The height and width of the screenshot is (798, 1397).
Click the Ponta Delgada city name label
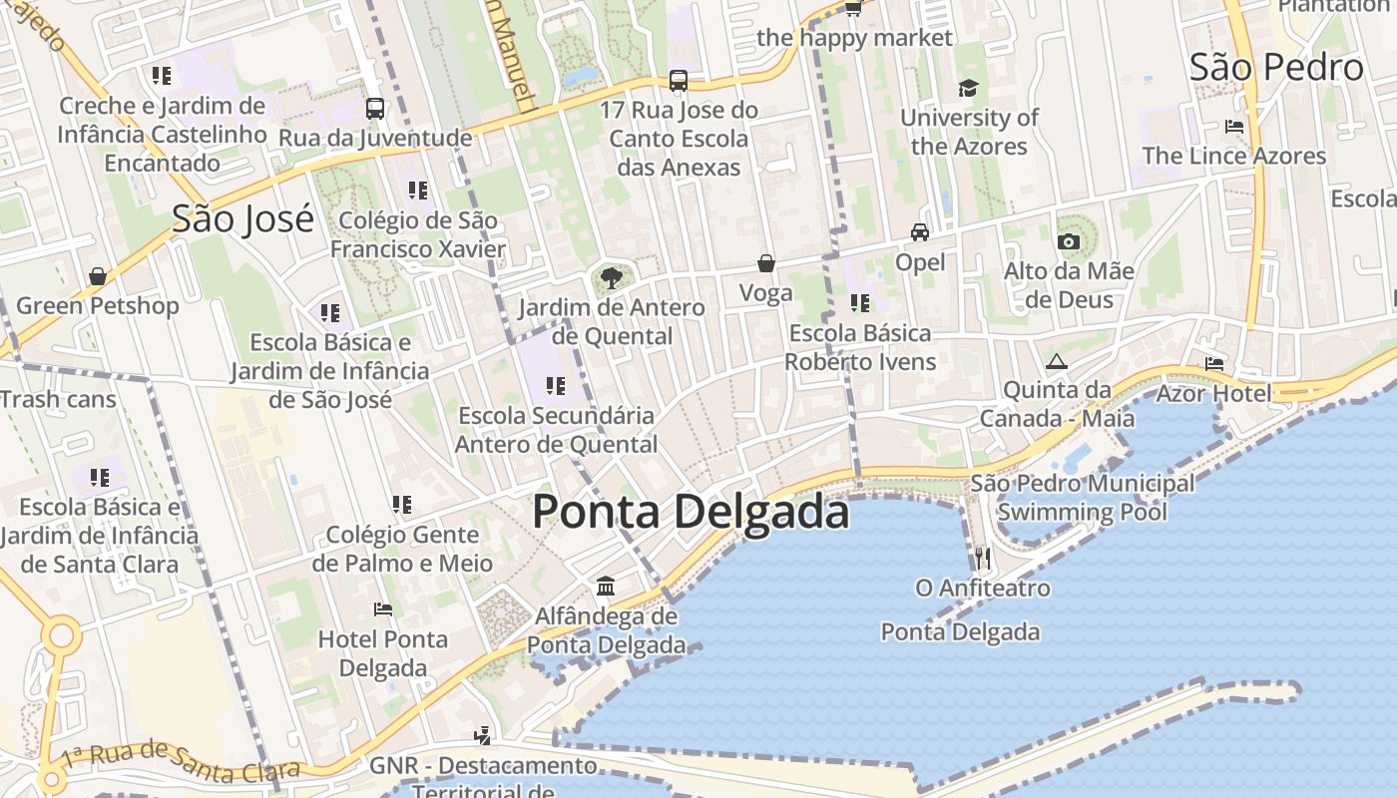click(691, 512)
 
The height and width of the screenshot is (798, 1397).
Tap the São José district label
click(242, 218)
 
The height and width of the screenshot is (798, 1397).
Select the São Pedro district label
click(1276, 67)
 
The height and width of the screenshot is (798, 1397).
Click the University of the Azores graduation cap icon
click(968, 89)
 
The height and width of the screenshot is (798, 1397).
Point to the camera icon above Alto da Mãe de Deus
click(1069, 241)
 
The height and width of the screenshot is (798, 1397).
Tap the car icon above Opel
click(920, 232)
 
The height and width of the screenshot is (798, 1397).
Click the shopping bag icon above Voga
click(766, 263)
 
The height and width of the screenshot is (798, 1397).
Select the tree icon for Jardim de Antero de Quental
click(611, 278)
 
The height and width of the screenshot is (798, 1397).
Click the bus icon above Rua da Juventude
click(375, 109)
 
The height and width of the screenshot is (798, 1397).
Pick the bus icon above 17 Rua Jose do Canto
click(679, 81)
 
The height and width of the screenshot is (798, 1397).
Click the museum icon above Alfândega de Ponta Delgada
click(606, 586)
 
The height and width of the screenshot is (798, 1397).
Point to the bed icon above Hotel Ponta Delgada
click(383, 609)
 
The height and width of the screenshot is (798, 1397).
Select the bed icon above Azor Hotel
click(1213, 364)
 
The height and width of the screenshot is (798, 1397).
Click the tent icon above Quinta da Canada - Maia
click(1057, 361)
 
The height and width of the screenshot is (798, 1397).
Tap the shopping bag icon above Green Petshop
click(98, 276)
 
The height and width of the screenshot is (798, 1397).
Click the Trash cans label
click(58, 400)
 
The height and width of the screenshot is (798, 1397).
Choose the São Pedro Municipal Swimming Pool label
click(1083, 498)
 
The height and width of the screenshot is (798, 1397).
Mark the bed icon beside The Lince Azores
click(1234, 127)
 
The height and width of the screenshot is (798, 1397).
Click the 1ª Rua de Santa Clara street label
click(180, 760)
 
